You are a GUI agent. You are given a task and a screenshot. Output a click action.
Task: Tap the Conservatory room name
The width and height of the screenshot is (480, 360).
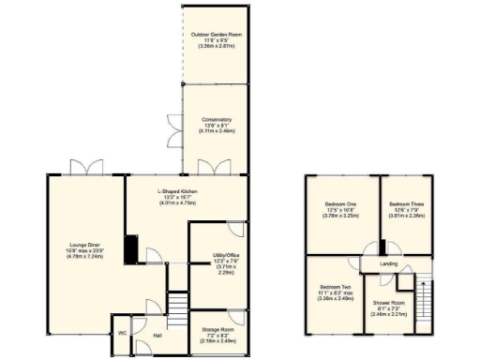pos(215,119)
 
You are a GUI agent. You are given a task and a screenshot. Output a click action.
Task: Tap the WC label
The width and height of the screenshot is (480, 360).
pos(122,333)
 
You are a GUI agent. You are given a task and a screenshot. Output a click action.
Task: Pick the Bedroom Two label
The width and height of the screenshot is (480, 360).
pos(335,286)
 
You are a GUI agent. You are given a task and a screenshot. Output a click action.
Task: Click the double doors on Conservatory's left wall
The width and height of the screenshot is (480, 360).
pos(179,136)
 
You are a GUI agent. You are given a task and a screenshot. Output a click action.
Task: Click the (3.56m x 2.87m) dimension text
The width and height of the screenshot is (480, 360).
pos(215,44)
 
